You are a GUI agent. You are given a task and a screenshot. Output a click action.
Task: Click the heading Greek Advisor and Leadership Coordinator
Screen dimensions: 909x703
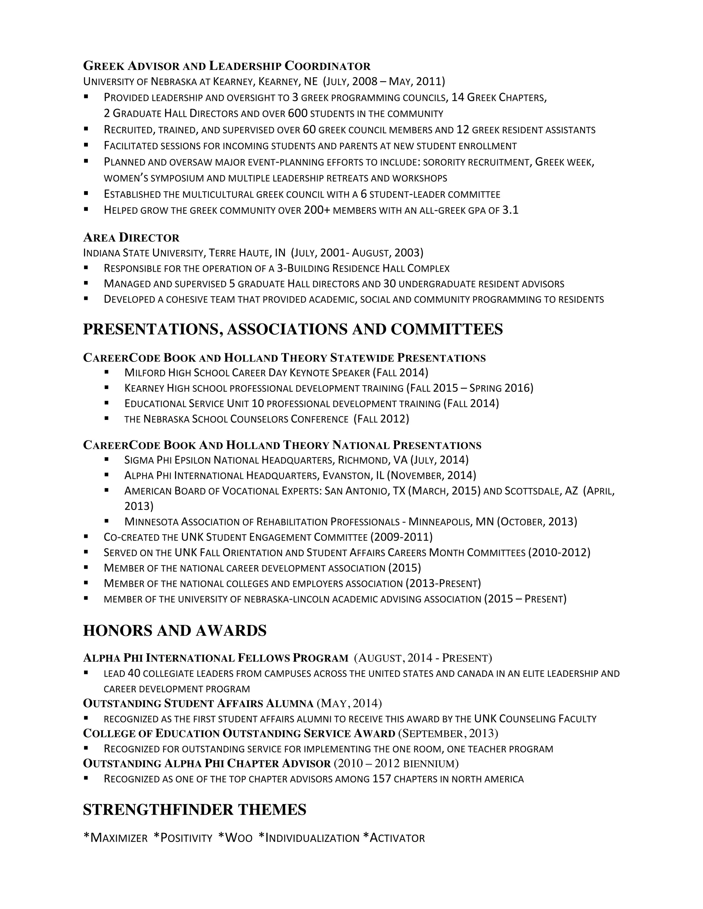227,66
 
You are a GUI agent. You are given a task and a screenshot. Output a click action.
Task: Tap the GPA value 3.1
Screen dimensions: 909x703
510,210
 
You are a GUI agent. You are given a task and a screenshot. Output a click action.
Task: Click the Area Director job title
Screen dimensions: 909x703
131,238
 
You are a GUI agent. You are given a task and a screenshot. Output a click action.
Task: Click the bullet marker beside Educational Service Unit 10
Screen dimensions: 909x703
107,403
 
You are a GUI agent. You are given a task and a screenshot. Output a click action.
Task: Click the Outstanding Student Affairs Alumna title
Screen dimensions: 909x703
198,704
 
